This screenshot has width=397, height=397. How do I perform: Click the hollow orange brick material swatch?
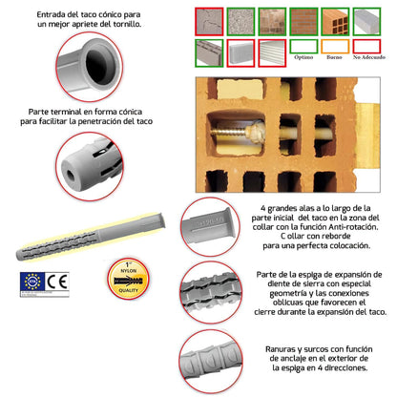click(339, 19)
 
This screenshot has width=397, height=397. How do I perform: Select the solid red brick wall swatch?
click(304, 19)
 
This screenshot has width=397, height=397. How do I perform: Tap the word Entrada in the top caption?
click(54, 16)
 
